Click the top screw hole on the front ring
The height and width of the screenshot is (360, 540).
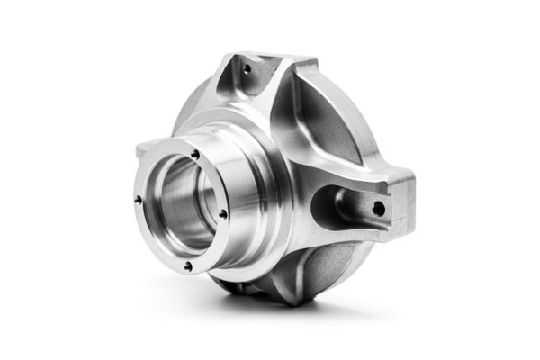195,154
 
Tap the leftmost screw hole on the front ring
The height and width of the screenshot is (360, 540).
138,200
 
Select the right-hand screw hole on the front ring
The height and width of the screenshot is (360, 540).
222,213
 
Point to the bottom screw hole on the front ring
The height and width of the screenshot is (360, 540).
187,265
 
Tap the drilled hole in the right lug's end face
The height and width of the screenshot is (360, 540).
379,209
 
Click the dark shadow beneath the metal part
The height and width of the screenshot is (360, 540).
270,310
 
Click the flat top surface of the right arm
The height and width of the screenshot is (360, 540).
360,180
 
